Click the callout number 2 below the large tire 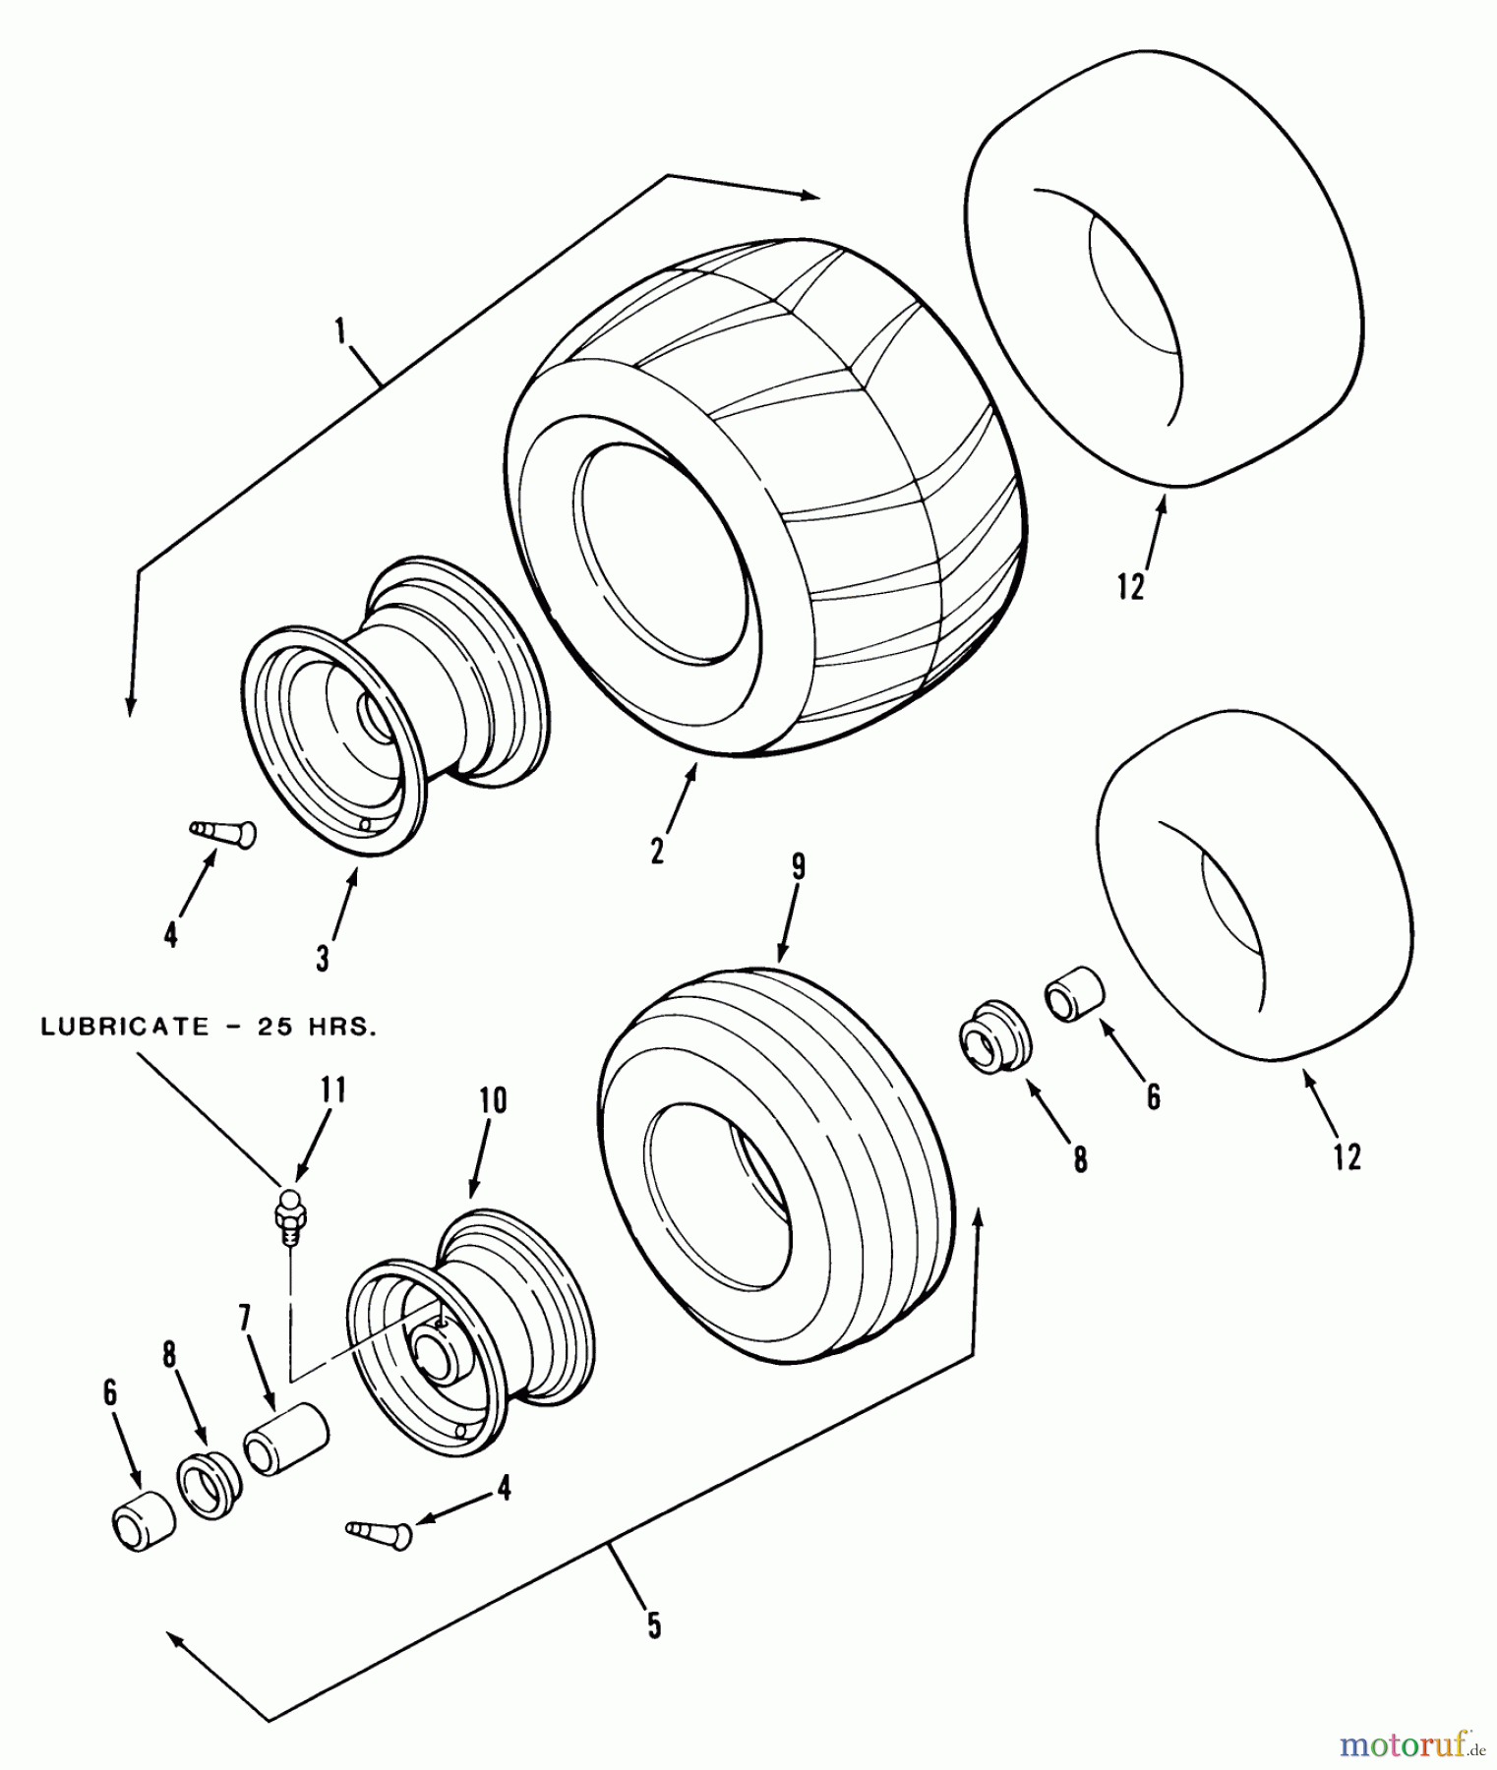click(x=657, y=848)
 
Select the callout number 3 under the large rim click(x=324, y=957)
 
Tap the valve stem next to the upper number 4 click(x=224, y=834)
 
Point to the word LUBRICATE click(x=125, y=1028)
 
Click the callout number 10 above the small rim click(x=493, y=1101)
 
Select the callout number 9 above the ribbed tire click(x=798, y=866)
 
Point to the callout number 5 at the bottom click(x=654, y=1625)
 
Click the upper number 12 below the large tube click(x=1131, y=587)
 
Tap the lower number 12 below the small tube click(x=1347, y=1156)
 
